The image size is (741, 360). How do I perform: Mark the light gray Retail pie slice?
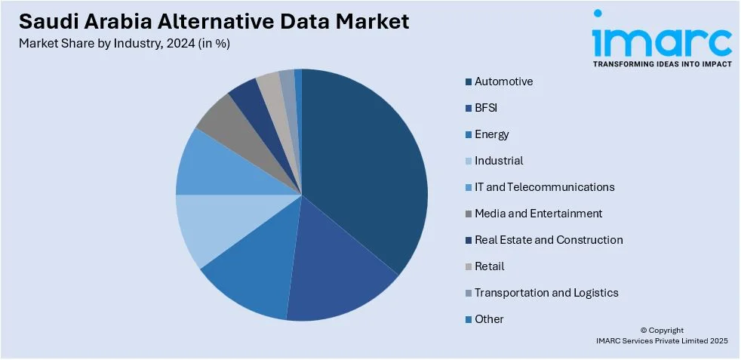pos(270,87)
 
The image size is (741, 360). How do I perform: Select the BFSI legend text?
pos(486,108)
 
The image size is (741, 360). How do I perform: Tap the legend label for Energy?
pos(491,134)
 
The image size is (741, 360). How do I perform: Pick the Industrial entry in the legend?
pos(499,161)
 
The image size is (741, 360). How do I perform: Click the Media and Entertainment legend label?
pos(538,214)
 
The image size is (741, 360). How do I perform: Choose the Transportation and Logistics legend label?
pos(546,293)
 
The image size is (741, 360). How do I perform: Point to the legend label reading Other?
pos(489,319)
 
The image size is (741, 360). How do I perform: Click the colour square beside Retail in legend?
pos(469,266)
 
